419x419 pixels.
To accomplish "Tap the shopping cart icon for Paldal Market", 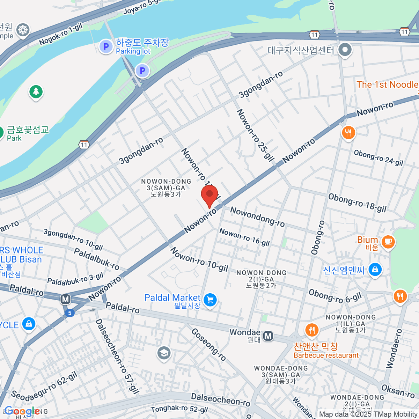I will [x=210, y=300].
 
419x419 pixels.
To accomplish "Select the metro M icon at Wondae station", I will [x=268, y=336].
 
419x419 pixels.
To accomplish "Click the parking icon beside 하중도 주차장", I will [x=106, y=46].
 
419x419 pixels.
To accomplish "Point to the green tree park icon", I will [x=36, y=92].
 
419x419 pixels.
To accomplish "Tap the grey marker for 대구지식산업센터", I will [x=345, y=50].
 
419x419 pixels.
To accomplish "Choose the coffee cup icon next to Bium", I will [x=388, y=242].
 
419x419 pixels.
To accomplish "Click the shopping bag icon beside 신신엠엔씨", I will [x=375, y=270].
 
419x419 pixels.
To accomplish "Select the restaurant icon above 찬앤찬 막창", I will [x=311, y=330].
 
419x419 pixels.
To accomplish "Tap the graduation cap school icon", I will [x=163, y=353].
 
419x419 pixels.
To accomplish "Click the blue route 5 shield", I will [x=70, y=313].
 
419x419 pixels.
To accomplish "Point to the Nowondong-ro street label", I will [x=257, y=216].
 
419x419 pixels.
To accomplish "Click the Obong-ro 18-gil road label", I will [x=357, y=203].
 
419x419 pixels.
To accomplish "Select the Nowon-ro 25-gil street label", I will [x=255, y=135].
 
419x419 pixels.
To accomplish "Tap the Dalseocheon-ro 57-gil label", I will [x=117, y=356].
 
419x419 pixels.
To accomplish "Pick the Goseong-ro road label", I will [x=209, y=344].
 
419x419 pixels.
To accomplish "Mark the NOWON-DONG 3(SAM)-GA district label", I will [x=166, y=188].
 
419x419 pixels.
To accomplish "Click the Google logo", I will [x=22, y=411].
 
